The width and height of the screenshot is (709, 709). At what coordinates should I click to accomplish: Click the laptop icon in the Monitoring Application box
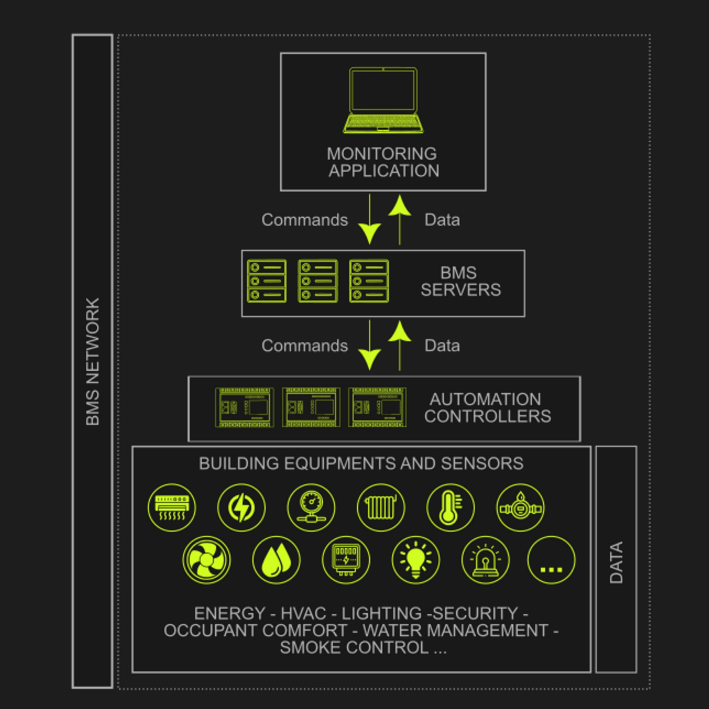point(383,100)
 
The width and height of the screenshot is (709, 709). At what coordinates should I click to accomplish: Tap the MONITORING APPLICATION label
point(383,162)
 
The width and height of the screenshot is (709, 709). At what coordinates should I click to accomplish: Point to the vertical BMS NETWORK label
point(92,361)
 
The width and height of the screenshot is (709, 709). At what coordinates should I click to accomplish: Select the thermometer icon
point(450,508)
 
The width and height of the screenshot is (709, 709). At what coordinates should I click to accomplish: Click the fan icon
point(207,560)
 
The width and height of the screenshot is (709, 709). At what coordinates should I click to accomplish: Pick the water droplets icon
point(276,560)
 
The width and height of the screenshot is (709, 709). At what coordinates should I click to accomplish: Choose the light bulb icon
point(416,560)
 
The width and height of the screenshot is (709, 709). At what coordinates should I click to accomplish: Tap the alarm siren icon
point(486,560)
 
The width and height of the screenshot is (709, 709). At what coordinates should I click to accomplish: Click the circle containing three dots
point(551,560)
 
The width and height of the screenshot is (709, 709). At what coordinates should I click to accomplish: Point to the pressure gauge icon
point(311,508)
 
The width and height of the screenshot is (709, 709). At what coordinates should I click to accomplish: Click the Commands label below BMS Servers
point(305,346)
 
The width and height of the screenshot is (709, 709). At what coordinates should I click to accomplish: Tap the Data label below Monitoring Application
point(442,220)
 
